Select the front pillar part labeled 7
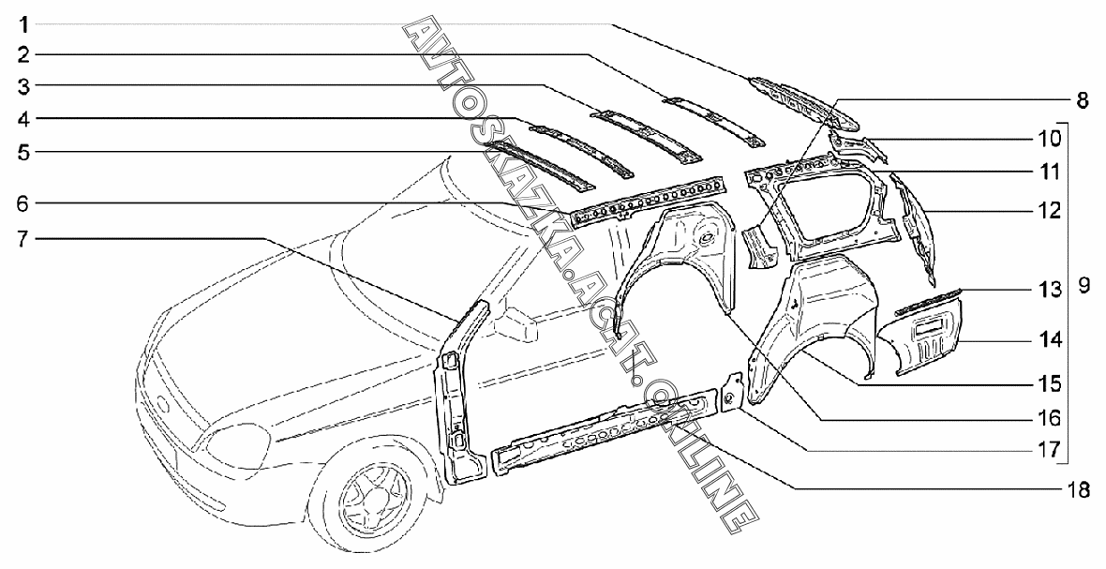[x=463, y=394]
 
